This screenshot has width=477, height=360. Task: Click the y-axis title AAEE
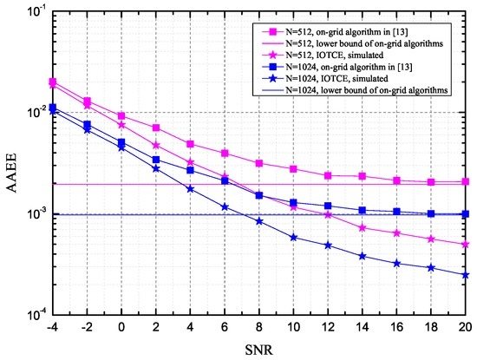point(11,163)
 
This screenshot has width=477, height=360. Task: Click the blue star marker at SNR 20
point(466,275)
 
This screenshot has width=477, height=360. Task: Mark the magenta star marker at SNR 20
point(466,245)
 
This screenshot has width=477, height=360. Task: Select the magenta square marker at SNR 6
point(225,154)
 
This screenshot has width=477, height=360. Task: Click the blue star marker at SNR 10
point(294,237)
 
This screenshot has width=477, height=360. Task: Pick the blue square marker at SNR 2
point(156,160)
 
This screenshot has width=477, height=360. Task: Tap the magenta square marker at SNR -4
point(53,82)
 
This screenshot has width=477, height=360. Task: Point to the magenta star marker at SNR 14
point(363,227)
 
